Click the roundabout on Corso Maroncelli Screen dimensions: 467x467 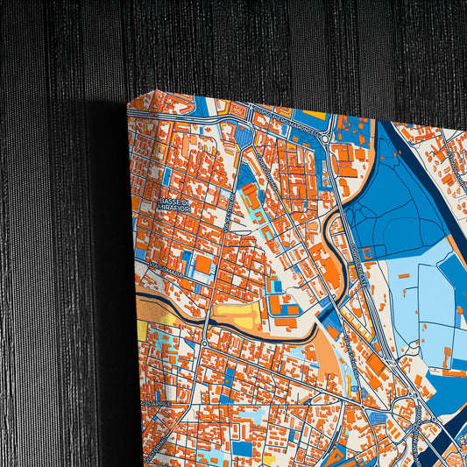325,138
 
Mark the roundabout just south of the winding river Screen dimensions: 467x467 204,343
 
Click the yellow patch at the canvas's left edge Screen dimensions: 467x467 143,330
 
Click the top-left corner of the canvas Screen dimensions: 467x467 129,104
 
